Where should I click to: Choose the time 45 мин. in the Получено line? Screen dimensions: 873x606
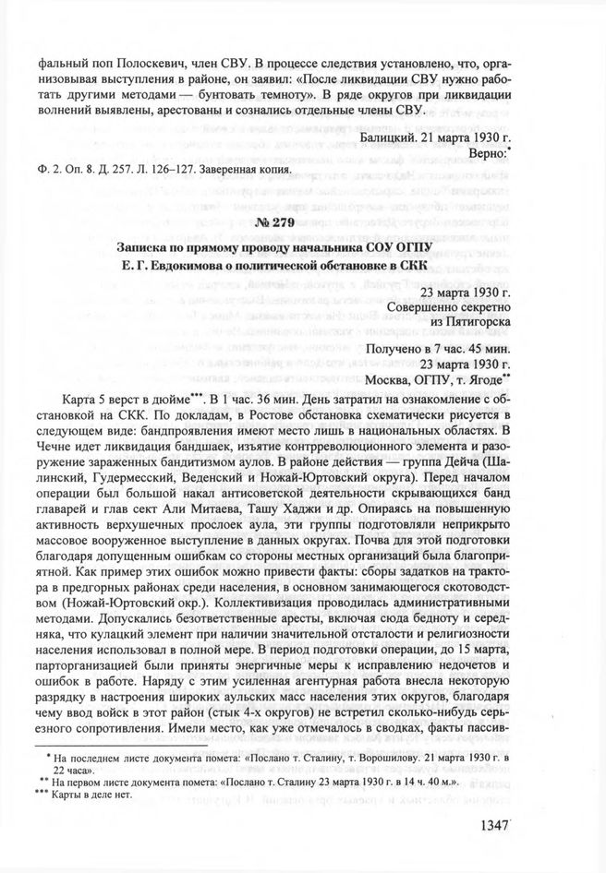pos(480,347)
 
